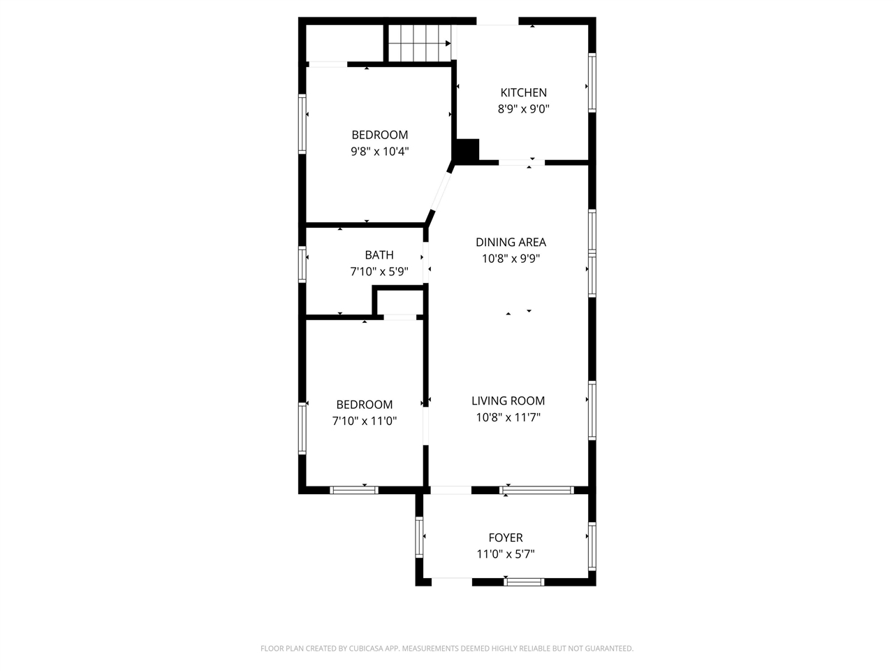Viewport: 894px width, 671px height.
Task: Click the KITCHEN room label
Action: pos(523,93)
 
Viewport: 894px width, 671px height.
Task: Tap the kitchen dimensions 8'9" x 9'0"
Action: pos(523,109)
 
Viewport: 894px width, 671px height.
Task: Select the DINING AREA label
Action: pos(511,243)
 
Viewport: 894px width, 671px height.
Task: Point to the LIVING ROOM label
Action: pos(508,401)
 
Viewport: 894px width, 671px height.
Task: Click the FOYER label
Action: pos(506,537)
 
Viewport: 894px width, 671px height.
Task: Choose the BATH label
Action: pos(379,255)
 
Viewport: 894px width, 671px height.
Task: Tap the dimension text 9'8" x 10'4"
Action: pos(379,152)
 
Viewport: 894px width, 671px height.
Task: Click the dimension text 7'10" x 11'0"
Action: pos(365,421)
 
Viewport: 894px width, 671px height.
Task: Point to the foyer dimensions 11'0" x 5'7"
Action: pos(506,554)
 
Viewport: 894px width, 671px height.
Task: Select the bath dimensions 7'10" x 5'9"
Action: pos(379,271)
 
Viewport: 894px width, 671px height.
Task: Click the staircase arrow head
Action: pos(448,43)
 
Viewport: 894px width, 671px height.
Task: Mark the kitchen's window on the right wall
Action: pos(592,82)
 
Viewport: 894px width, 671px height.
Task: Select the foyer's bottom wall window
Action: pos(524,582)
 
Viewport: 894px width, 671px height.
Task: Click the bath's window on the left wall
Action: pos(302,264)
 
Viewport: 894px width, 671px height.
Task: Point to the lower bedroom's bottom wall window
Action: pos(354,490)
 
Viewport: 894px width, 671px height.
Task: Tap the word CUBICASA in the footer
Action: pos(366,649)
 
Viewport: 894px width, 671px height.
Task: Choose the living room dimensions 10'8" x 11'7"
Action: pos(508,417)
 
